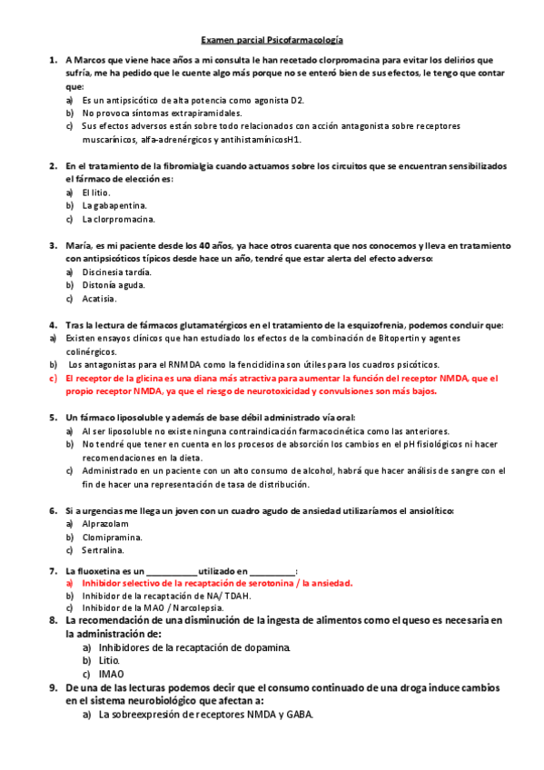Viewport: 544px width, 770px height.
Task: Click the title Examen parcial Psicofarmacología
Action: (x=272, y=41)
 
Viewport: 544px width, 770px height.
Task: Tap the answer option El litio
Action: (x=95, y=192)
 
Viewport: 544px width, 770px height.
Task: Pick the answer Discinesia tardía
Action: (x=116, y=271)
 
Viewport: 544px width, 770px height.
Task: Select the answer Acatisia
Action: (x=99, y=298)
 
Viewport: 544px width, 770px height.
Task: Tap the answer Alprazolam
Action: (x=105, y=524)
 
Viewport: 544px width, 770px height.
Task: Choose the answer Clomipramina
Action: (x=111, y=537)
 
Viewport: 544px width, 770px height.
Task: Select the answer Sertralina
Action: (x=103, y=550)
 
